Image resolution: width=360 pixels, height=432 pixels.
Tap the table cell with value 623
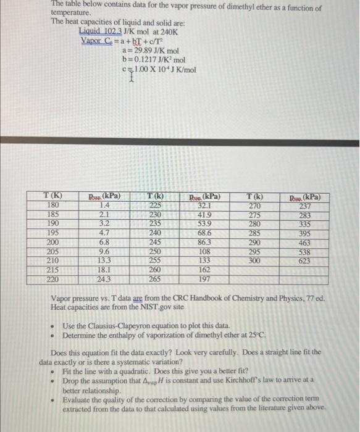point(304,261)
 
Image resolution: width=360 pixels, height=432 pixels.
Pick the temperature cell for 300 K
point(254,261)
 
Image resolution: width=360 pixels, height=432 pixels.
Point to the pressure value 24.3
point(104,280)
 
